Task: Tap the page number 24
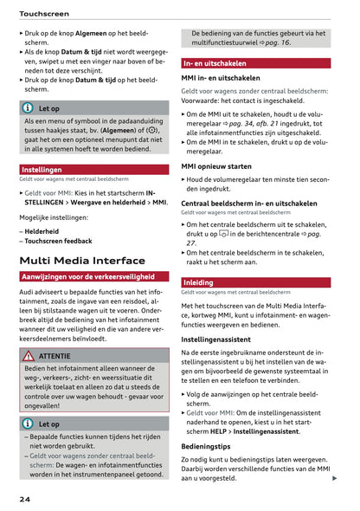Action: (27, 500)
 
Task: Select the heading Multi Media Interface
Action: (82, 260)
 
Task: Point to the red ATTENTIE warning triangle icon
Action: (29, 355)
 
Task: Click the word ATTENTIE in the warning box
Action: (55, 355)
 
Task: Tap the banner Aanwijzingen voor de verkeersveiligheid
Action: (87, 276)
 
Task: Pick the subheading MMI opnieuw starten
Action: (216, 165)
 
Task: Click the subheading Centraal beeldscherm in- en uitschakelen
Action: (248, 203)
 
